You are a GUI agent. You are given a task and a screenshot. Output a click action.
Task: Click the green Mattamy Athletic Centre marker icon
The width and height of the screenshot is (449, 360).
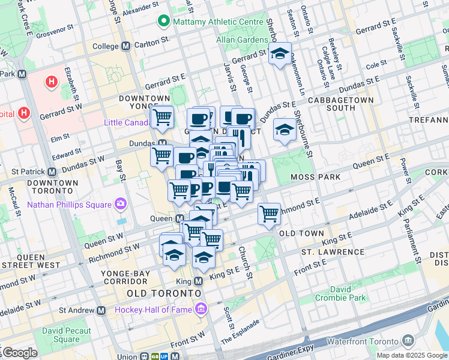[163, 22]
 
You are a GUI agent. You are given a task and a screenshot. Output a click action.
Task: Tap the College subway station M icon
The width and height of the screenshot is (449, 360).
[126, 46]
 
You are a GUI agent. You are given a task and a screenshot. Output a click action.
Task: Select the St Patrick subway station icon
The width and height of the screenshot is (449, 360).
[52, 172]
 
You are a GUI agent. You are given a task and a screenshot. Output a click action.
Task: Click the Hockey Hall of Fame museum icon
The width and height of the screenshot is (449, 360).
[200, 310]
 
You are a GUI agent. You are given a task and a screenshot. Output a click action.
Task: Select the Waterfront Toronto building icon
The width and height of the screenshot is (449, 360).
[408, 341]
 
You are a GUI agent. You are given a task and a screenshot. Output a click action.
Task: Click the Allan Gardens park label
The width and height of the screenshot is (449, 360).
[243, 40]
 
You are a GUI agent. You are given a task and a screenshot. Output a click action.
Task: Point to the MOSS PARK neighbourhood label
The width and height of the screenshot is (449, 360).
[316, 177]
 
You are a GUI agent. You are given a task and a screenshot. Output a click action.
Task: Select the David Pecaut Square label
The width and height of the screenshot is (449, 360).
[67, 335]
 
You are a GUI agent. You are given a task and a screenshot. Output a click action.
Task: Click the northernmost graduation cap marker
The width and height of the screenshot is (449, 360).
[280, 54]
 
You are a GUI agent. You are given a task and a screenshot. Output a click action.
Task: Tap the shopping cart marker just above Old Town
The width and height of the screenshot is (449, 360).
[270, 214]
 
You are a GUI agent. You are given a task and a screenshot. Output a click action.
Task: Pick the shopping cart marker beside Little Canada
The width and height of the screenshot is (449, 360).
[162, 117]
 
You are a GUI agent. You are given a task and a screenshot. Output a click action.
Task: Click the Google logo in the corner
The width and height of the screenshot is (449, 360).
[19, 353]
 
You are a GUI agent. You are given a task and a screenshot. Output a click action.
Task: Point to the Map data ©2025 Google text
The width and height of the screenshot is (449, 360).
[411, 355]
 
